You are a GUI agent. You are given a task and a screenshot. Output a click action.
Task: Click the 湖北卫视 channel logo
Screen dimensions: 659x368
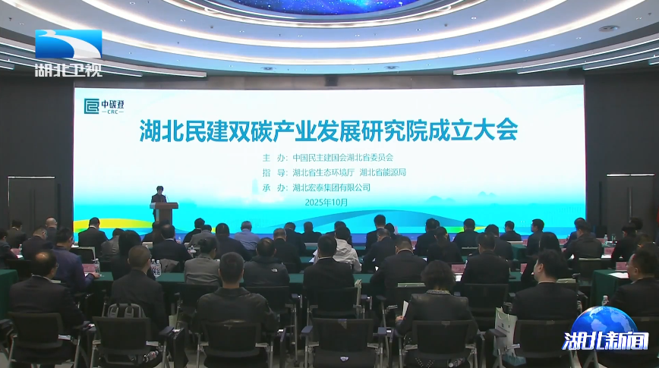(68, 53)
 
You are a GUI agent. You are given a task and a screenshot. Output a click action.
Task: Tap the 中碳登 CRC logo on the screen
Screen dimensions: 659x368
(104, 106)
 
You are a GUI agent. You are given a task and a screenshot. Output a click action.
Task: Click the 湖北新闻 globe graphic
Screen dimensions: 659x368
(605, 330)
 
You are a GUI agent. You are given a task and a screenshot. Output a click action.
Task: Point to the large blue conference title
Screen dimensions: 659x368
(328, 131)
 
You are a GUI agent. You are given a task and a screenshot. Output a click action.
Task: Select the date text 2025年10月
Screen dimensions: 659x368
(326, 202)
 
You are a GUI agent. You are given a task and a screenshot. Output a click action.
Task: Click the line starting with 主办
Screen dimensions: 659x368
(328, 158)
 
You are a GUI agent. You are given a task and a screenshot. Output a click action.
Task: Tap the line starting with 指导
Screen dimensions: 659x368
(334, 172)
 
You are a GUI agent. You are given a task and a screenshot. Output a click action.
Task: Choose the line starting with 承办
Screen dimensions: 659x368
(316, 187)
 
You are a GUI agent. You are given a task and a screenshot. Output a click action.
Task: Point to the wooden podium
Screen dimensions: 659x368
(164, 213)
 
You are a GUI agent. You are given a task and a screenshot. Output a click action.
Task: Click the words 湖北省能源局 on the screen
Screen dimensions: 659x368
(383, 172)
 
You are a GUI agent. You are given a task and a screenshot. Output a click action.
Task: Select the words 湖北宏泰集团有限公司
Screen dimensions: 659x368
(331, 187)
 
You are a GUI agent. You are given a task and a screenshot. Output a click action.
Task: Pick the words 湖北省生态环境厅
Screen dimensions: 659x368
(323, 172)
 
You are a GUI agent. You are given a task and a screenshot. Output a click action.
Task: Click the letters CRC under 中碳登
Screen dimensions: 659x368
(112, 112)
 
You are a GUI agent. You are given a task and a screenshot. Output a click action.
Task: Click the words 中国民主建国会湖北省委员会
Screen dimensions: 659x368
(343, 158)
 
